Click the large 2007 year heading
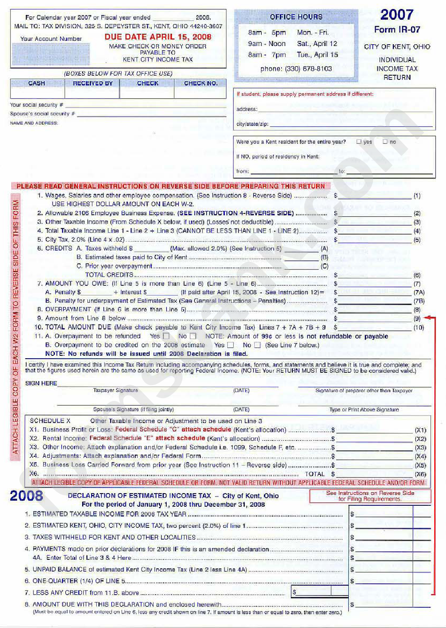[397, 15]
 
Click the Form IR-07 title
[397, 30]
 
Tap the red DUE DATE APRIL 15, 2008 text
[158, 37]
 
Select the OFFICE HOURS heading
[296, 17]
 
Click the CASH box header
[37, 83]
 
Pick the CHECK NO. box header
[200, 83]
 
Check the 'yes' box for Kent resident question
[359, 141]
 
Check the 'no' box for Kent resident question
[385, 141]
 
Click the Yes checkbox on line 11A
[166, 336]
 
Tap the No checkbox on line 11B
[257, 345]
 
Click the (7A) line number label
[419, 292]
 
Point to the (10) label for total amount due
[418, 328]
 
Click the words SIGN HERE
[41, 383]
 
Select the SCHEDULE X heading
[50, 421]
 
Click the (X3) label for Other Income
[420, 448]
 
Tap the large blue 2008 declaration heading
[26, 496]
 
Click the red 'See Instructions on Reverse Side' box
[370, 496]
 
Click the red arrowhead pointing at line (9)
[426, 318]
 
